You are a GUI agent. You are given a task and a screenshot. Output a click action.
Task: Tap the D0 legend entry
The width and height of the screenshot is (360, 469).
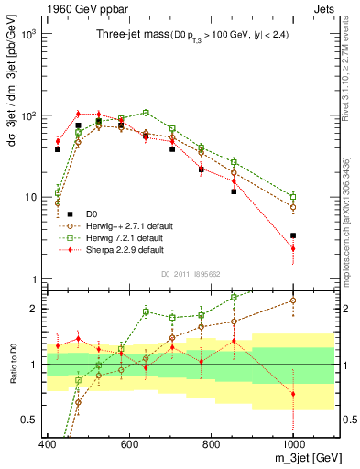pos(88,212)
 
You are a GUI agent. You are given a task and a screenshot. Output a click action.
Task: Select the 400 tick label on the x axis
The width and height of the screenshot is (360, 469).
pos(48,444)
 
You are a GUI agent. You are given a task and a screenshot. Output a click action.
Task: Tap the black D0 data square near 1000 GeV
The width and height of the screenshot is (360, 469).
pos(293,235)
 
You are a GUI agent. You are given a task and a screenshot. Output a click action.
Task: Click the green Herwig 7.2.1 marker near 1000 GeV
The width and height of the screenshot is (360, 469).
pos(293,197)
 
